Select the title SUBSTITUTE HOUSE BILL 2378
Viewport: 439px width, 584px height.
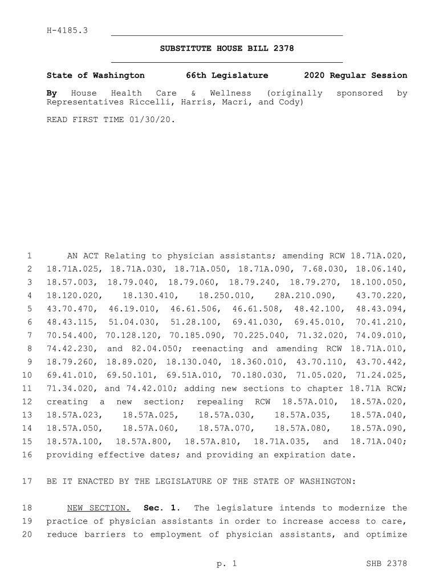227,48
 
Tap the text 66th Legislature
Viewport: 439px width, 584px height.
227,75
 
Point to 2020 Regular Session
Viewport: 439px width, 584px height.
356,75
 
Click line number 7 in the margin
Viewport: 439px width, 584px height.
28,335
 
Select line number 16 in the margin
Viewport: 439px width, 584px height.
26,455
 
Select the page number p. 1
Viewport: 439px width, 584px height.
226,564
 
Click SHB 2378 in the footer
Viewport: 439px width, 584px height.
387,564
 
